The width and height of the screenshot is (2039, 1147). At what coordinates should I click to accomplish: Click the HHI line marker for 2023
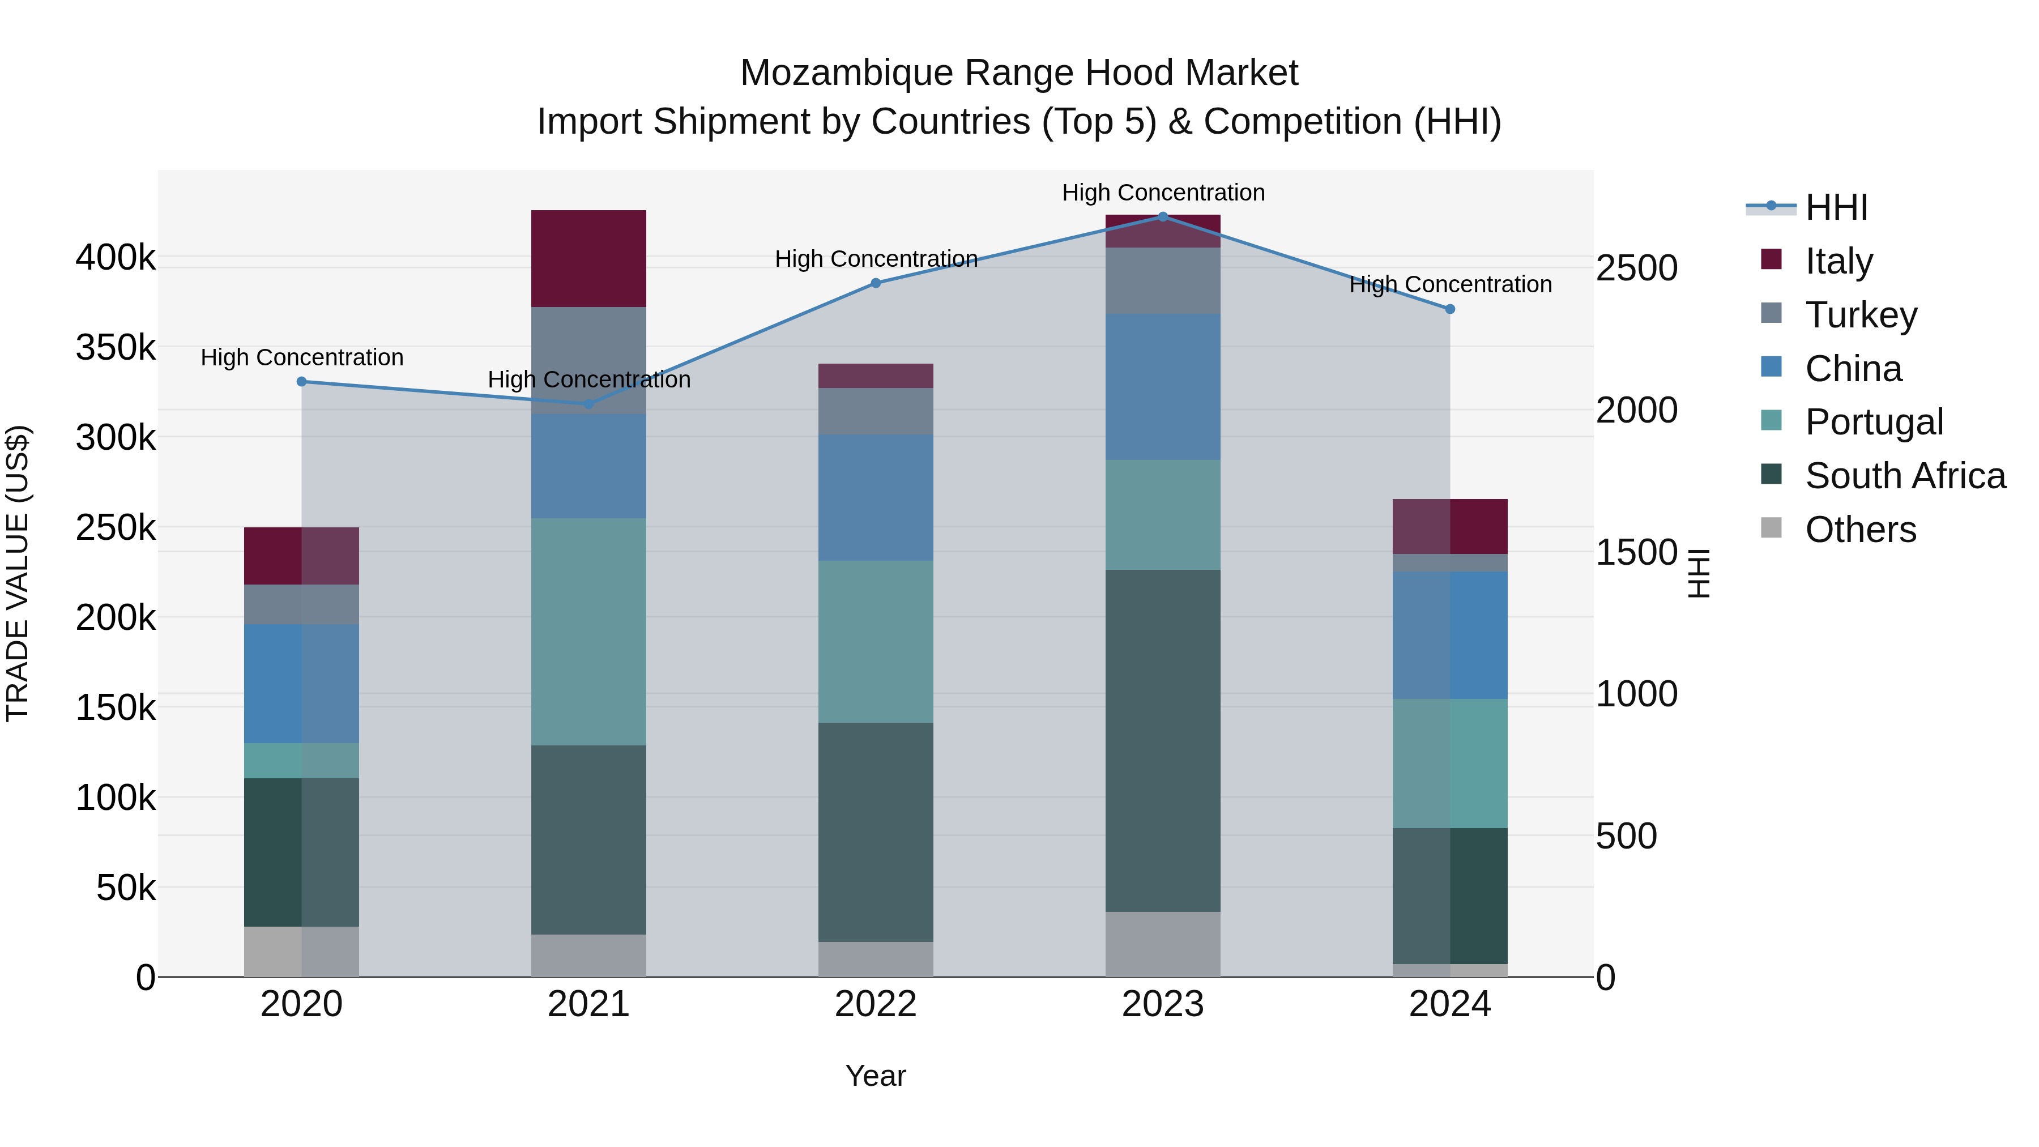(x=1163, y=217)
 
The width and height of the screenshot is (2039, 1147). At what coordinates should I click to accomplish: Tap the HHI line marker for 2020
(x=301, y=382)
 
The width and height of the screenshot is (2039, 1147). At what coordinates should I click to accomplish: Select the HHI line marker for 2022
(x=876, y=283)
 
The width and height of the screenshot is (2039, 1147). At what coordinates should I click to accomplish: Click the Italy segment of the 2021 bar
(x=588, y=259)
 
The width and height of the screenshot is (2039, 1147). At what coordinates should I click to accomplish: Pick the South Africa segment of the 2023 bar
(x=1163, y=740)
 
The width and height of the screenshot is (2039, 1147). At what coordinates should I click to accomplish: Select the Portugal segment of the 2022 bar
(x=876, y=641)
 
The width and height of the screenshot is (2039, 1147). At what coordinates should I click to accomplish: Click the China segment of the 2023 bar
(x=1163, y=386)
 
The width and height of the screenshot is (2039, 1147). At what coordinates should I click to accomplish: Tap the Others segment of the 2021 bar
(x=588, y=956)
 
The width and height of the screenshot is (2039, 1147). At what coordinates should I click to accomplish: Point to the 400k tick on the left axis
(x=116, y=257)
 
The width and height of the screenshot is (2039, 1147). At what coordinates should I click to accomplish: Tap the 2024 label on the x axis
(x=1449, y=1004)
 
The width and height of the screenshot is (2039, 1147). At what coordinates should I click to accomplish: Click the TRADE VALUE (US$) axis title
(x=18, y=573)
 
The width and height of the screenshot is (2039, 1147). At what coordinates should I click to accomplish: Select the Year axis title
(x=876, y=1076)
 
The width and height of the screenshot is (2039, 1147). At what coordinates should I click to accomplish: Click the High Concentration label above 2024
(x=1450, y=284)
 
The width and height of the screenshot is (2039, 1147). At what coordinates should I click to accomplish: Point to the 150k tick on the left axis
(x=116, y=707)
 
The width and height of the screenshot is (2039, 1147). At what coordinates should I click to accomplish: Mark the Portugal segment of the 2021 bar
(x=588, y=632)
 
